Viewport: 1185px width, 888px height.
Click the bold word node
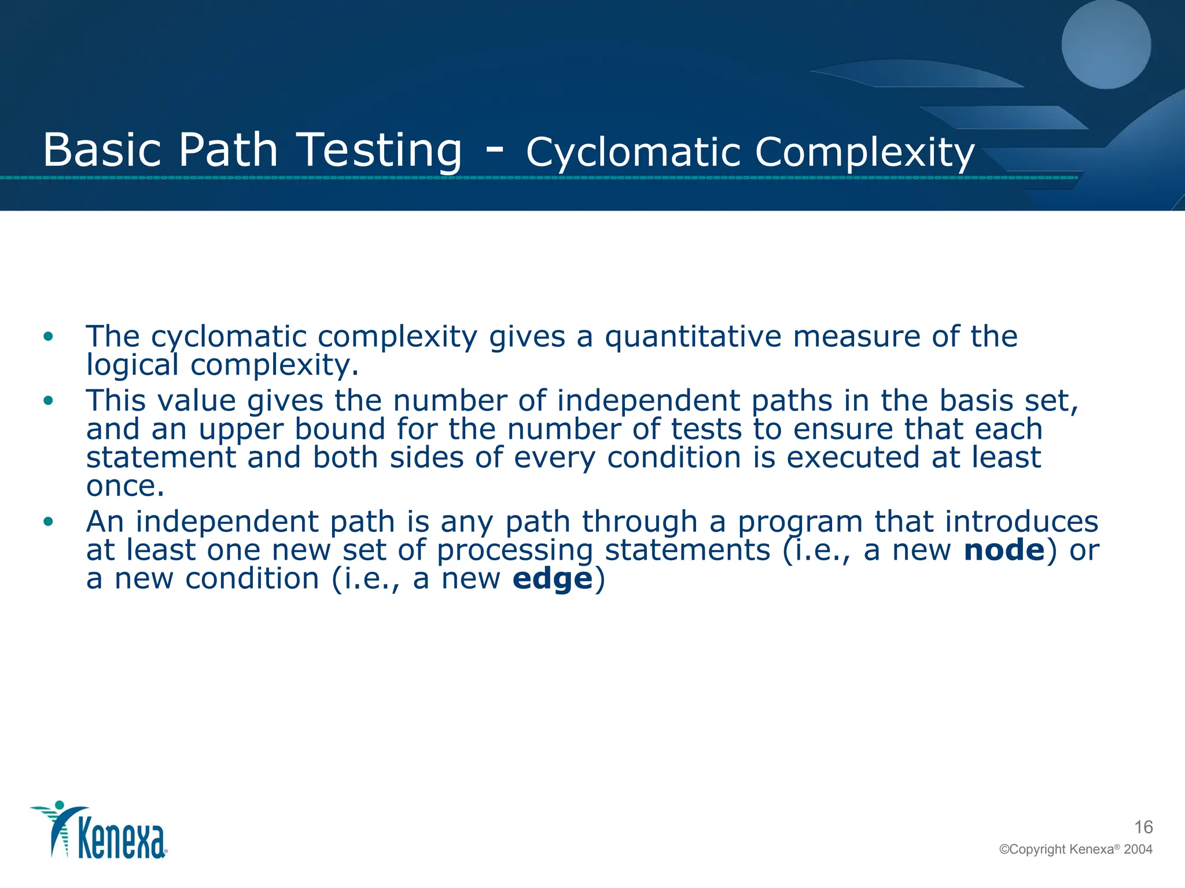click(1004, 550)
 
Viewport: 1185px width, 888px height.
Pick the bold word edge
click(553, 579)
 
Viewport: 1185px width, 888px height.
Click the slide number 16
click(1143, 827)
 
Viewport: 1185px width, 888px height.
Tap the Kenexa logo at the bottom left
click(100, 831)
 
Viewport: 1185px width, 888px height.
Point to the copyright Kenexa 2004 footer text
click(1076, 849)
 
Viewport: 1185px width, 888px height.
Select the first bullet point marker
click(48, 336)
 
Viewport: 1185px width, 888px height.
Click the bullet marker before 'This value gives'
click(48, 400)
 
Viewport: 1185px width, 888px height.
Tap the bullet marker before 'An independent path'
click(48, 521)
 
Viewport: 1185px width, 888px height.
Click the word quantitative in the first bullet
click(693, 336)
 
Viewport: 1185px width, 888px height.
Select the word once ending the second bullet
click(125, 486)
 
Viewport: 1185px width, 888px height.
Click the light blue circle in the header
click(1106, 44)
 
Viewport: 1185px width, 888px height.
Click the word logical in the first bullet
click(133, 365)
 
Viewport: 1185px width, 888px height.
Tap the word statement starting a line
click(161, 457)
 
